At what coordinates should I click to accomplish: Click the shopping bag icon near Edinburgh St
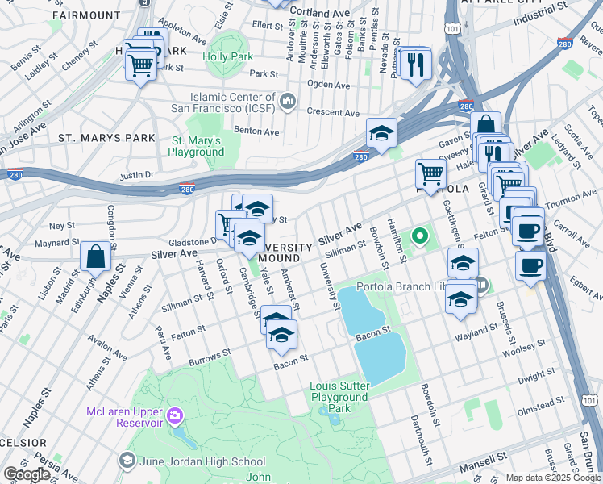point(95,257)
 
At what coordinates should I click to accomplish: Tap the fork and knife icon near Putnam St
point(416,65)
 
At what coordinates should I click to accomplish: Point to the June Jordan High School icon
point(127,461)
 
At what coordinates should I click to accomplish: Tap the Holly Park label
point(227,57)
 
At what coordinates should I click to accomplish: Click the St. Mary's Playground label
point(197,146)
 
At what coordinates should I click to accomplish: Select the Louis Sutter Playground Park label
point(339,397)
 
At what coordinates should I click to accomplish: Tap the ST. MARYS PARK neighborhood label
point(106,138)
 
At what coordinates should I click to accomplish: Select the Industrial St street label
point(538,15)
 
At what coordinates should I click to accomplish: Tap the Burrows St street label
point(210,356)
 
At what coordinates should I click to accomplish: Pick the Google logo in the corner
point(27,474)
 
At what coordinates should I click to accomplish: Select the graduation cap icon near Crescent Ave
point(381,135)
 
